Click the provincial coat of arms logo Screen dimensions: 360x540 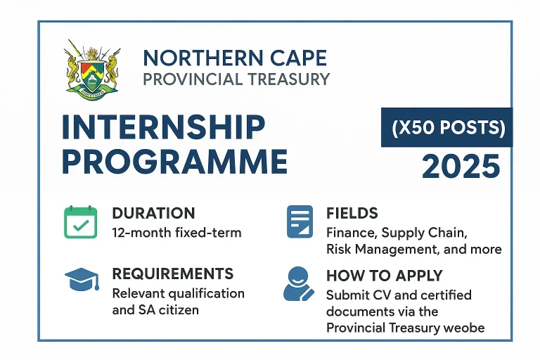(93, 70)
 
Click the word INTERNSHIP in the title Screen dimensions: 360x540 (164, 128)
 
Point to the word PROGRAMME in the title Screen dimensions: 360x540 (174, 162)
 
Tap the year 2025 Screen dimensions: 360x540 (461, 167)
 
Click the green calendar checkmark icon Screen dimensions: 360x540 (81, 221)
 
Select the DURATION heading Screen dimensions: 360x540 (153, 214)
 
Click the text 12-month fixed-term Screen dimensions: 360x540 (176, 232)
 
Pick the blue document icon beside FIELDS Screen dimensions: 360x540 (300, 221)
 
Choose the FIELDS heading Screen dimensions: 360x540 (352, 214)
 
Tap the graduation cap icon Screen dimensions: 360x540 (82, 282)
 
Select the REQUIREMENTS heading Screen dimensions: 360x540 (172, 274)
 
